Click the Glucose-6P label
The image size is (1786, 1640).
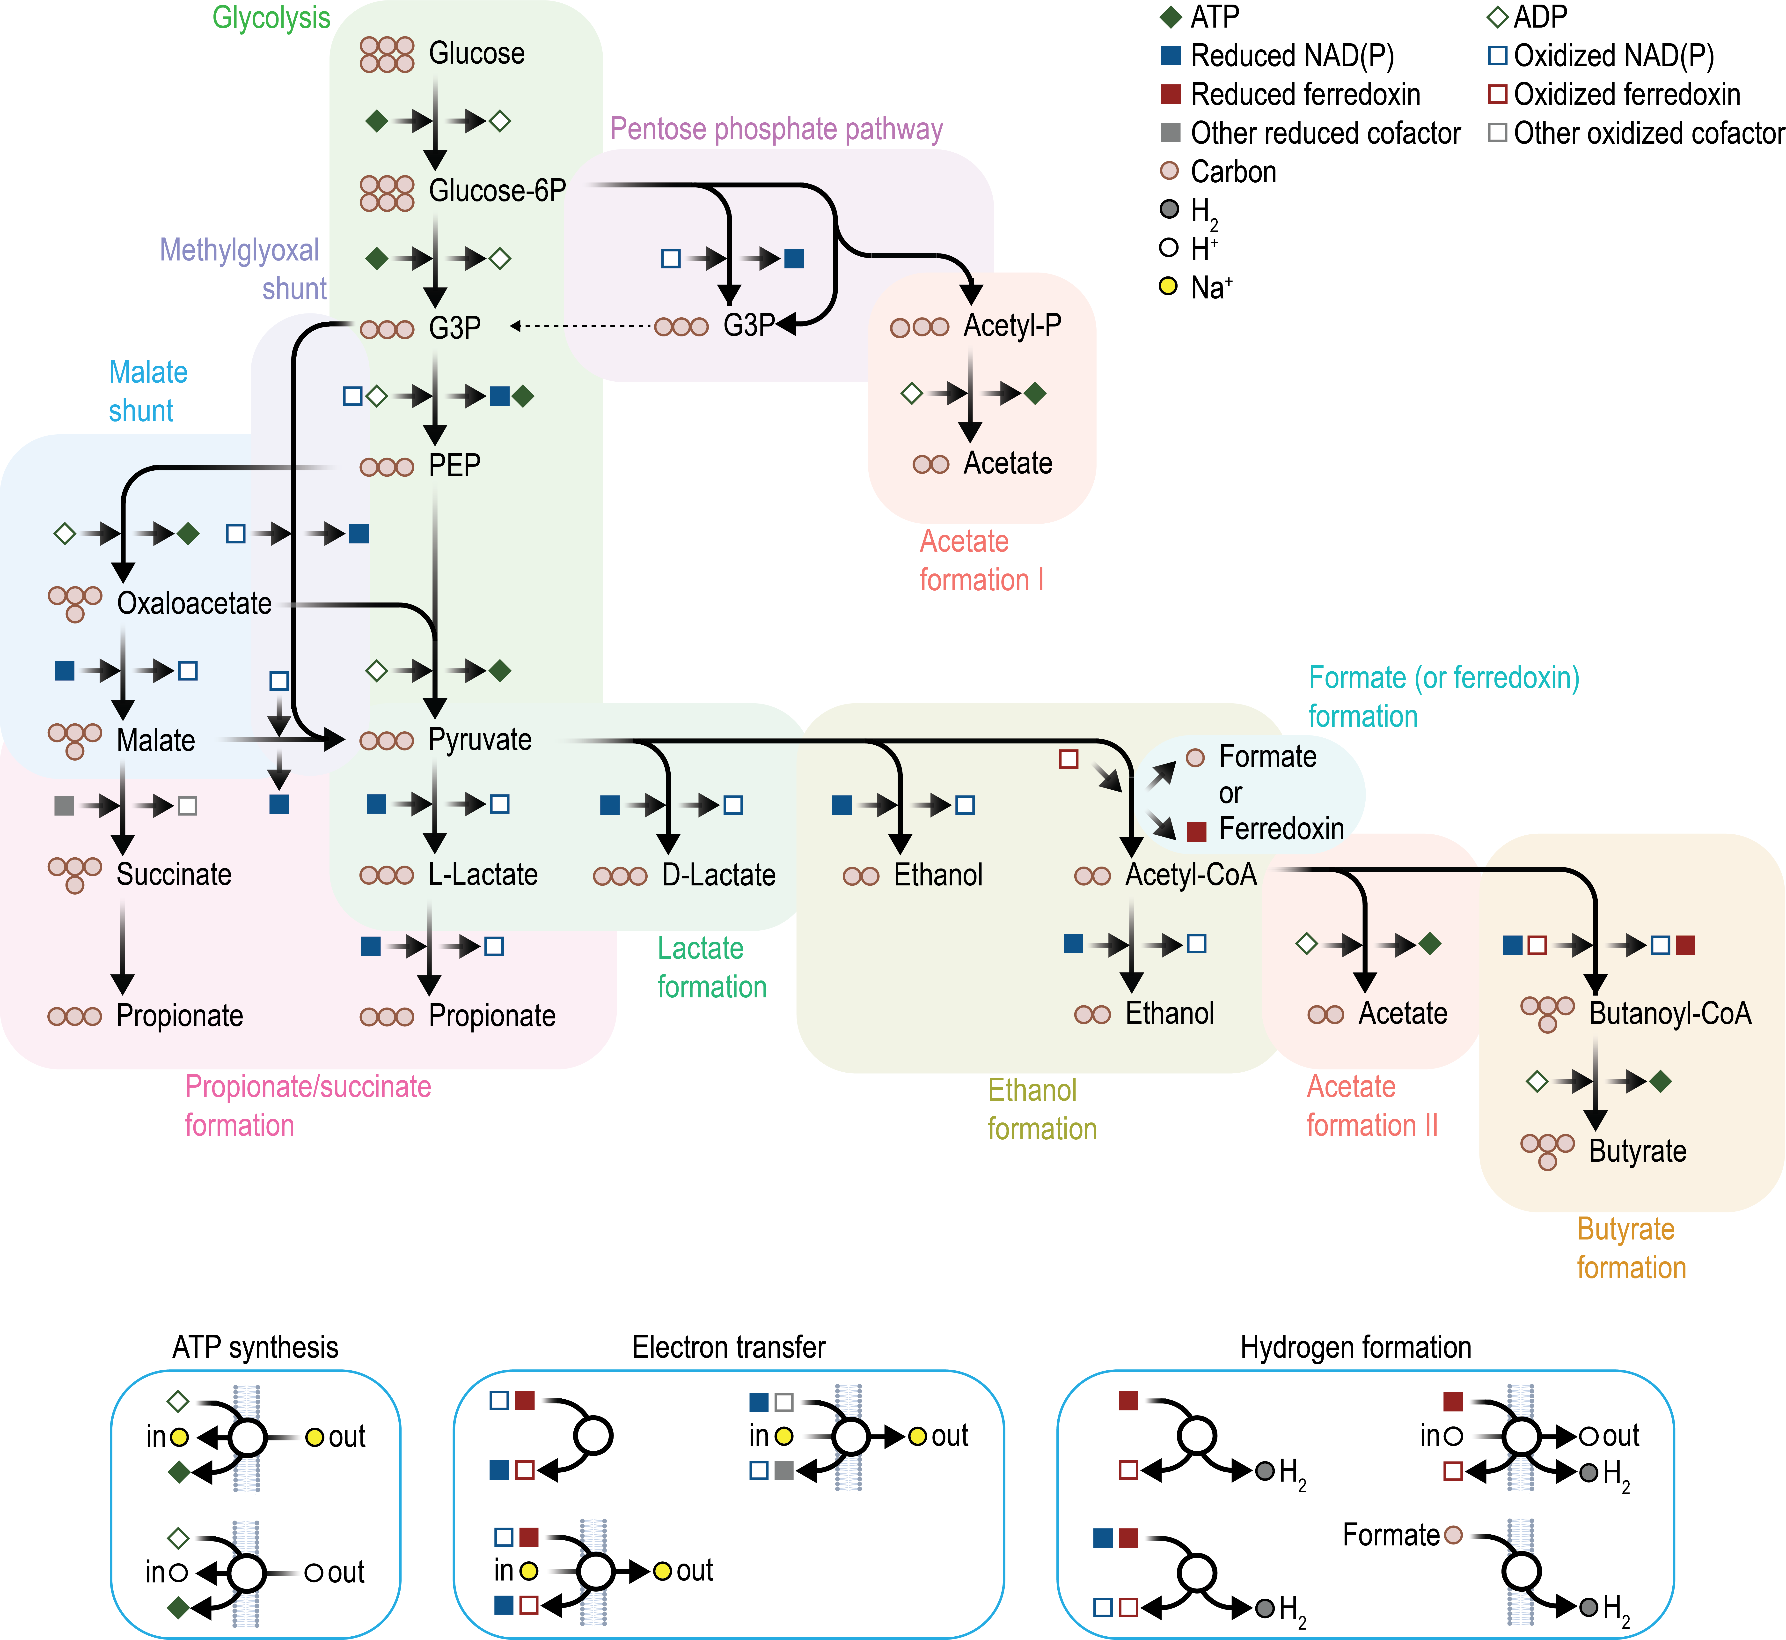(x=497, y=191)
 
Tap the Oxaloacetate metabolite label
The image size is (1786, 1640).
(x=194, y=603)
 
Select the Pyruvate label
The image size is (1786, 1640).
(x=480, y=740)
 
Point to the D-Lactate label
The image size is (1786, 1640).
(x=719, y=875)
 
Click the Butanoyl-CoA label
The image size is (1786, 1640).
(x=1670, y=1013)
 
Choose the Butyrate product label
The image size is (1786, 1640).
(x=1637, y=1151)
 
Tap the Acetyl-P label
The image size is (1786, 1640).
(x=1012, y=326)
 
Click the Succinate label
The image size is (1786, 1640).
(x=174, y=875)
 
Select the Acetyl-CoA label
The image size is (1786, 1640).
(x=1191, y=875)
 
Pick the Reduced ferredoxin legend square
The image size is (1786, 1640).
(x=1170, y=94)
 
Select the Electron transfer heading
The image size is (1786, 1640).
(x=728, y=1347)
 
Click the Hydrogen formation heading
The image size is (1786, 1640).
(x=1355, y=1347)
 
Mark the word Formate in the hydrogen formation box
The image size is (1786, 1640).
(x=1390, y=1534)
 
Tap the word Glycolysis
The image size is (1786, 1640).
(x=271, y=18)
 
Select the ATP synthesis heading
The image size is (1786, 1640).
(x=256, y=1347)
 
